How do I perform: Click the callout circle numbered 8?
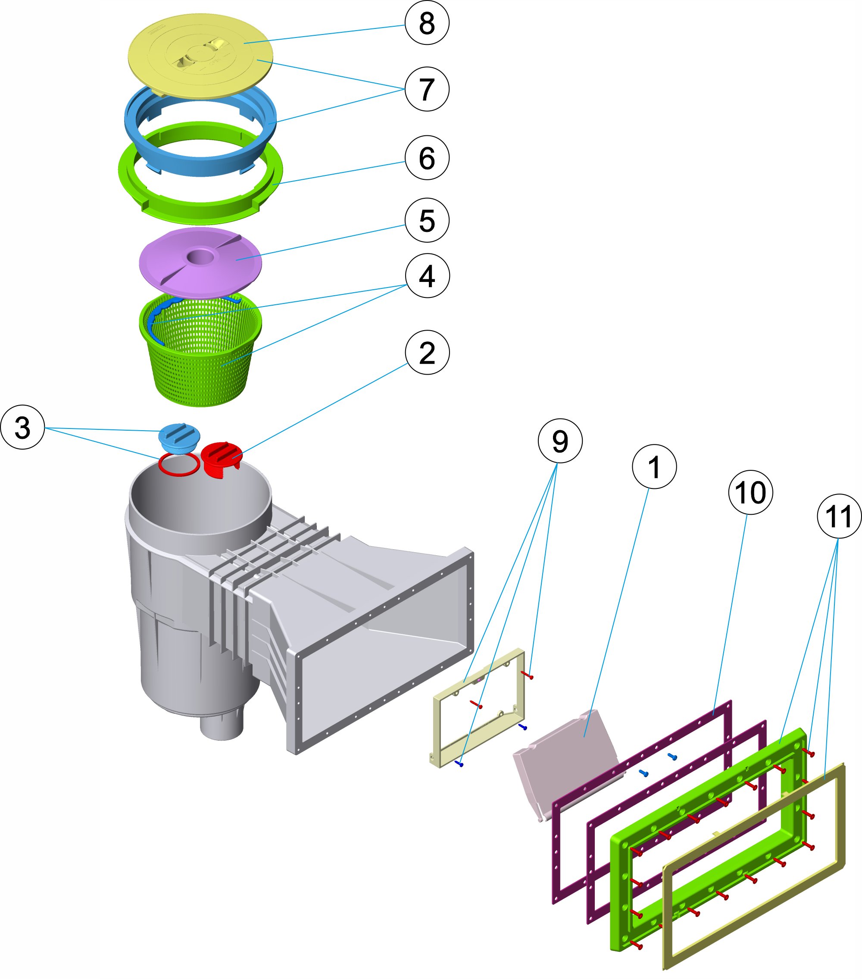pyautogui.click(x=427, y=22)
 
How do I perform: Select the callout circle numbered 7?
pyautogui.click(x=427, y=89)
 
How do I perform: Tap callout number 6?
pyautogui.click(x=427, y=158)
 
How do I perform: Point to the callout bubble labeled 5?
pyautogui.click(x=427, y=220)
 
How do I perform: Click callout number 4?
pyautogui.click(x=427, y=276)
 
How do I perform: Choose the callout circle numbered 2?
pyautogui.click(x=427, y=353)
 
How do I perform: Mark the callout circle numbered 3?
pyautogui.click(x=22, y=427)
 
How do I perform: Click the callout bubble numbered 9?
pyautogui.click(x=560, y=441)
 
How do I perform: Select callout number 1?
pyautogui.click(x=654, y=466)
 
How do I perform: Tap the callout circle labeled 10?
pyautogui.click(x=750, y=492)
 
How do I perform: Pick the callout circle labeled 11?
pyautogui.click(x=839, y=516)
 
